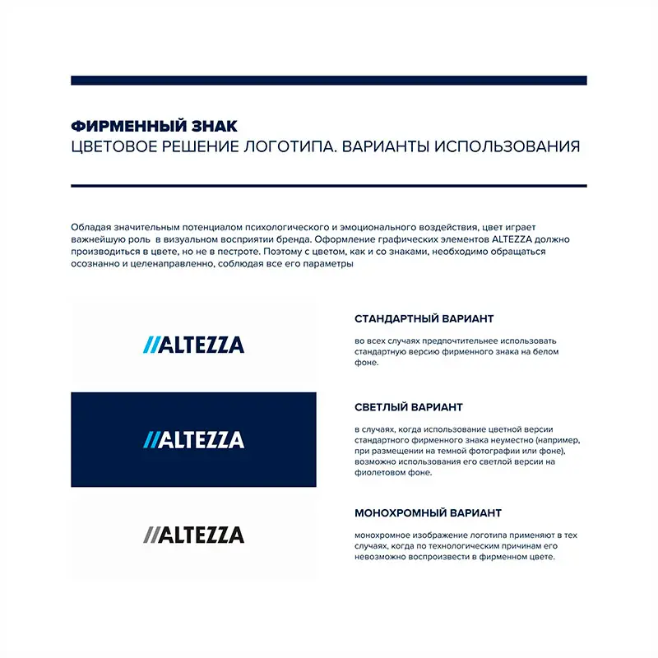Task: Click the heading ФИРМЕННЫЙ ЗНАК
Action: tap(154, 127)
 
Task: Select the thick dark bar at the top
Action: tap(329, 81)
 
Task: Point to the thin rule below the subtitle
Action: tap(329, 186)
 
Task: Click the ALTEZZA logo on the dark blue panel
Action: tap(194, 440)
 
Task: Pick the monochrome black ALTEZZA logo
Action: tap(194, 535)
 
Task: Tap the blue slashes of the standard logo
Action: tap(150, 345)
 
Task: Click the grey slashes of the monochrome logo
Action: tap(150, 535)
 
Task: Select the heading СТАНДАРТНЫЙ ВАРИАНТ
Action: tap(424, 318)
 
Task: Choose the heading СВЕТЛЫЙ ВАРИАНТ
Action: tap(408, 407)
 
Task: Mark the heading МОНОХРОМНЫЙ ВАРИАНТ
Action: tap(428, 513)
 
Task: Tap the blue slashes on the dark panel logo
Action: tap(150, 440)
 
